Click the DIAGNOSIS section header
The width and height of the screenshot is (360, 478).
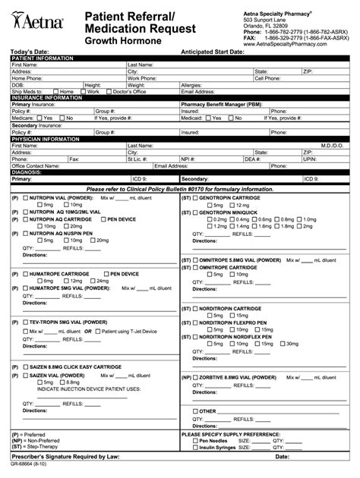tap(27, 172)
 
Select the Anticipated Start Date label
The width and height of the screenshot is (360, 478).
tap(223, 52)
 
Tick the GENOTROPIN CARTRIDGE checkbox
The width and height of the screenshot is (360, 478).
tap(197, 197)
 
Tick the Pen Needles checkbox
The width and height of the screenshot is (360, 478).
tap(195, 439)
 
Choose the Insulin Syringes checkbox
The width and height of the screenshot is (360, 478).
tap(195, 448)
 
